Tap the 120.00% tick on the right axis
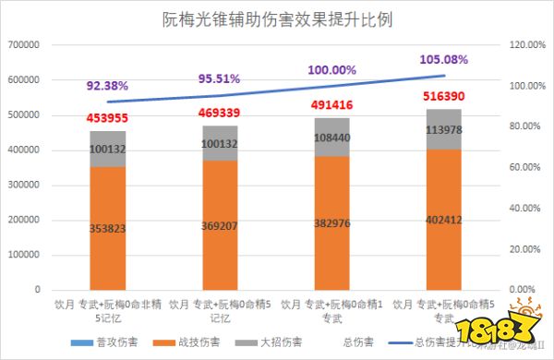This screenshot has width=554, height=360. tap(527, 45)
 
